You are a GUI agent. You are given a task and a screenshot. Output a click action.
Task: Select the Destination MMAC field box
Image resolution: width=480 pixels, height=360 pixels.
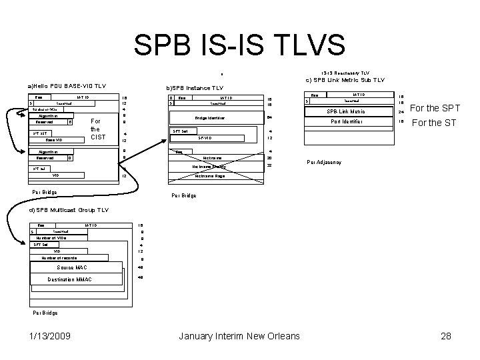[x=79, y=279]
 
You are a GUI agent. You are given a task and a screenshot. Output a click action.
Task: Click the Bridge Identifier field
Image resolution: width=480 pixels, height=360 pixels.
[x=210, y=118]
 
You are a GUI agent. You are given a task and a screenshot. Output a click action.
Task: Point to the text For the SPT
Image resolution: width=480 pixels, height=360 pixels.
[x=435, y=108]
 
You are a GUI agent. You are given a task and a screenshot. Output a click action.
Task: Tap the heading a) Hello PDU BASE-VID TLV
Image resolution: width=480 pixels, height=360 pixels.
[x=67, y=86]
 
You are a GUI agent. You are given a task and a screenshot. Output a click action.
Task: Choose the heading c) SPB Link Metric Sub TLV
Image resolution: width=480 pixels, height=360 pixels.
[x=345, y=80]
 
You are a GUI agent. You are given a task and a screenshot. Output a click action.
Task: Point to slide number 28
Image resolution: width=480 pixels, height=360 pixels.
[x=446, y=336]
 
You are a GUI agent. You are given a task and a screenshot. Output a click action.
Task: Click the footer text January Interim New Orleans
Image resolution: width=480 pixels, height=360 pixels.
[x=239, y=336]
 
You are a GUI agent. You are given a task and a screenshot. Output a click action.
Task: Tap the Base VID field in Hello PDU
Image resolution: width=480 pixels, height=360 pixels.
[x=54, y=141]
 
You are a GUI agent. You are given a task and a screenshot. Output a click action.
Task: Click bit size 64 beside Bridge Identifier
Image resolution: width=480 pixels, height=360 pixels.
[x=269, y=118]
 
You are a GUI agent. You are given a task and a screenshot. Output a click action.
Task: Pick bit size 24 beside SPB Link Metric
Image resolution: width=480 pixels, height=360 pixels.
[x=401, y=111]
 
